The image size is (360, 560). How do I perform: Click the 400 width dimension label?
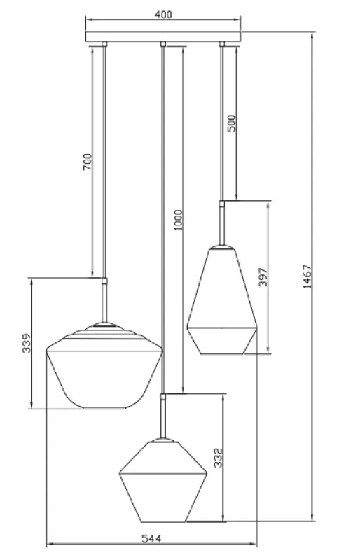click(163, 14)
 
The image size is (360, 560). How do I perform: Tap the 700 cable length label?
click(88, 163)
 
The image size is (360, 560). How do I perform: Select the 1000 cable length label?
click(178, 220)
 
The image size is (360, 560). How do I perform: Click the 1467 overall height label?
click(307, 276)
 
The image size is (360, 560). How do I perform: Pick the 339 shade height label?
click(26, 344)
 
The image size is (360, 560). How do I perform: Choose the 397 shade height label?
click(263, 277)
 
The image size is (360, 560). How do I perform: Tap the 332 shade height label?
click(218, 458)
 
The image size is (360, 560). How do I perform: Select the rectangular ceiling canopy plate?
click(163, 36)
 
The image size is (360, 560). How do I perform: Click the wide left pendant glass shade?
click(104, 371)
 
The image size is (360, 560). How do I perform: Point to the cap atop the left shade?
click(104, 326)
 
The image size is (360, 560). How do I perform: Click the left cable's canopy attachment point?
click(104, 45)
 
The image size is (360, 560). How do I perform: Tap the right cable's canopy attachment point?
click(222, 45)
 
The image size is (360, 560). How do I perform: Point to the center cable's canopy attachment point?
click(163, 45)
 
